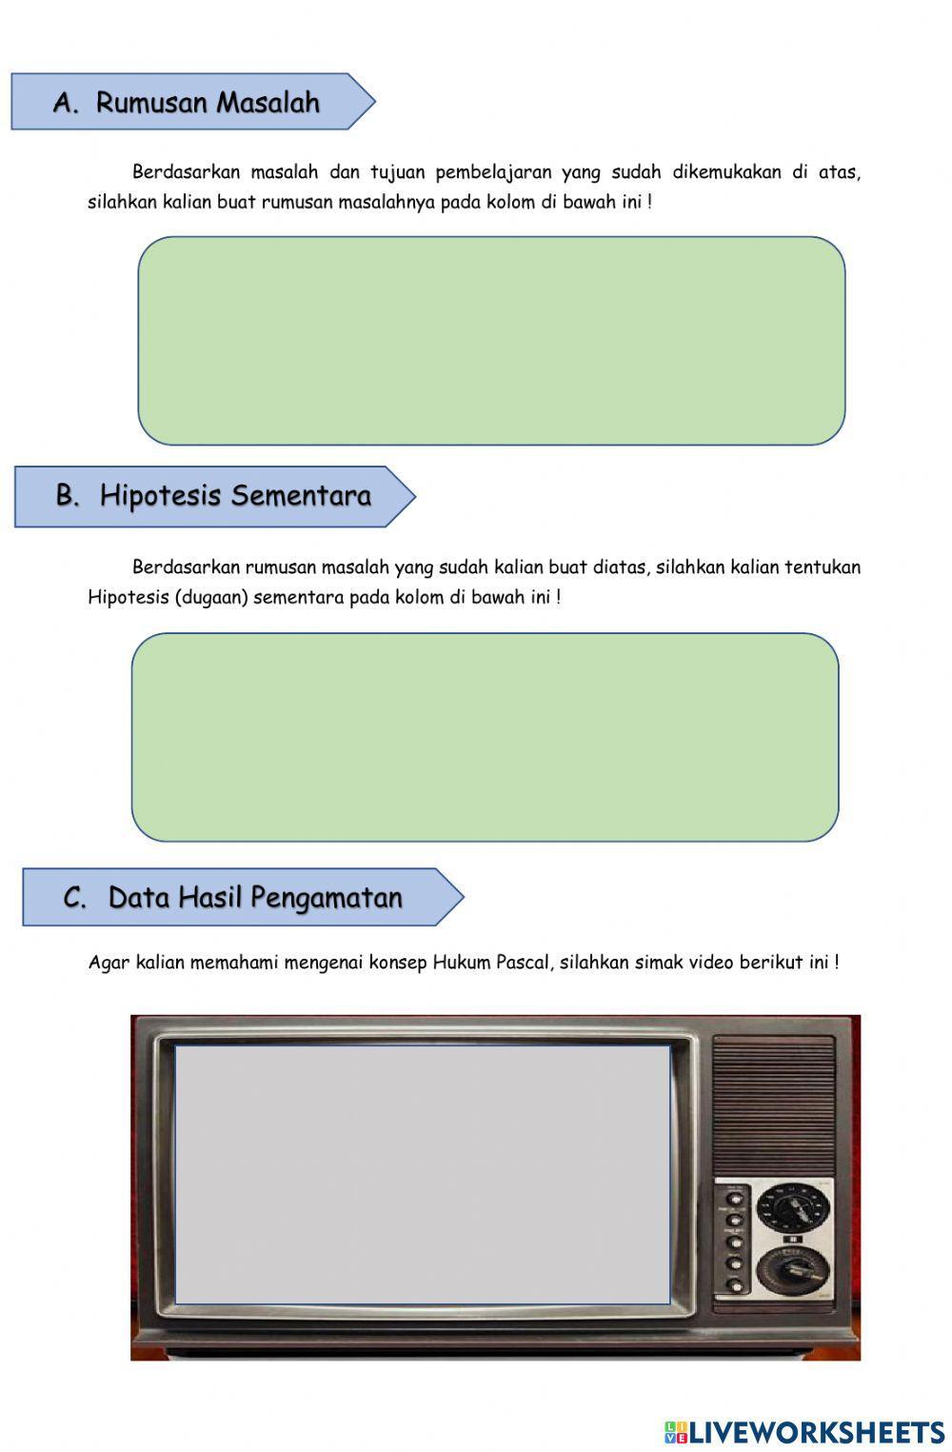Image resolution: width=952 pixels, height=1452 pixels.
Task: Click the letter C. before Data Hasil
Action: tap(74, 897)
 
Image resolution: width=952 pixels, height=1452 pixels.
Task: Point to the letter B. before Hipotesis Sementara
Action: tap(68, 495)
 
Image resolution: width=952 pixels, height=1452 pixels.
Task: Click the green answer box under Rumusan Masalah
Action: tap(491, 341)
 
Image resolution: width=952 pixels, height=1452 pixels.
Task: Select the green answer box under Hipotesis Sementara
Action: tap(485, 737)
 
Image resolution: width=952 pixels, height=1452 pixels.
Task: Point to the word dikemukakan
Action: tap(726, 172)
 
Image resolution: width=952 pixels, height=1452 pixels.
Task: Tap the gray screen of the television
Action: tap(422, 1174)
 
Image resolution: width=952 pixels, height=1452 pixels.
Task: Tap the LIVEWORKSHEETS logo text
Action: tap(815, 1432)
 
